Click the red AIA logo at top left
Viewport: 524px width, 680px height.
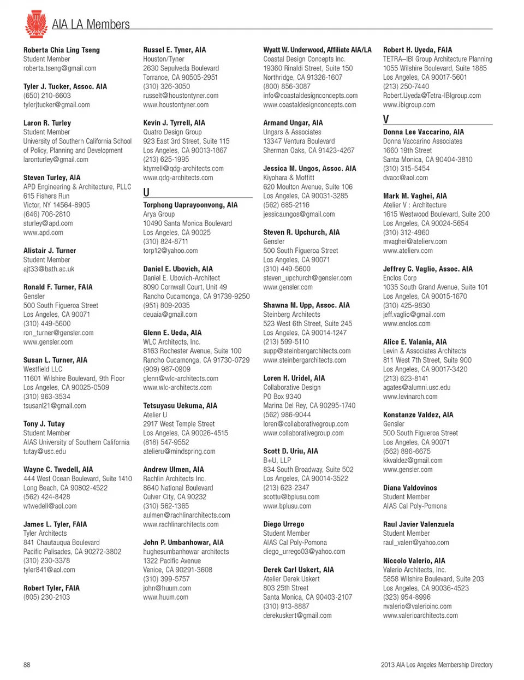36,23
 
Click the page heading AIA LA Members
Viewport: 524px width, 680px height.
91,25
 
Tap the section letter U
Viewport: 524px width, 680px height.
146,192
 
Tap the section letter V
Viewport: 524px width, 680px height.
386,120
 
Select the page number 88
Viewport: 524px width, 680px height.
27,665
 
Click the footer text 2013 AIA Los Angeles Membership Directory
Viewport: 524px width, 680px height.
437,665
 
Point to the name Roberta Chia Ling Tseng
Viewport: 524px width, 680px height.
62,50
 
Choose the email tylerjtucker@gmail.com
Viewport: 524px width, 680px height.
57,105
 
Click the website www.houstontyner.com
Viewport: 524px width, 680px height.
176,105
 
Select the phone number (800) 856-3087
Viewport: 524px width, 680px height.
287,86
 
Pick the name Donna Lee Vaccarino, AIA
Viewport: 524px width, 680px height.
424,132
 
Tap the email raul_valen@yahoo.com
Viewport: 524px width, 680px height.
416,542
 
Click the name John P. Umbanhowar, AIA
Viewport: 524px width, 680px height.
183,542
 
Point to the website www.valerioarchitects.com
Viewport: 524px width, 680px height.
420,616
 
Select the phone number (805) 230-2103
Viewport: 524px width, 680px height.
46,597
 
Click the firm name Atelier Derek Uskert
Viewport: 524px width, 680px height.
291,579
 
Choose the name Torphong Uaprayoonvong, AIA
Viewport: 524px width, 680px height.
190,205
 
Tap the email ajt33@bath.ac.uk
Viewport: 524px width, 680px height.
49,269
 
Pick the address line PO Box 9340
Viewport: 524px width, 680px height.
282,397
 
